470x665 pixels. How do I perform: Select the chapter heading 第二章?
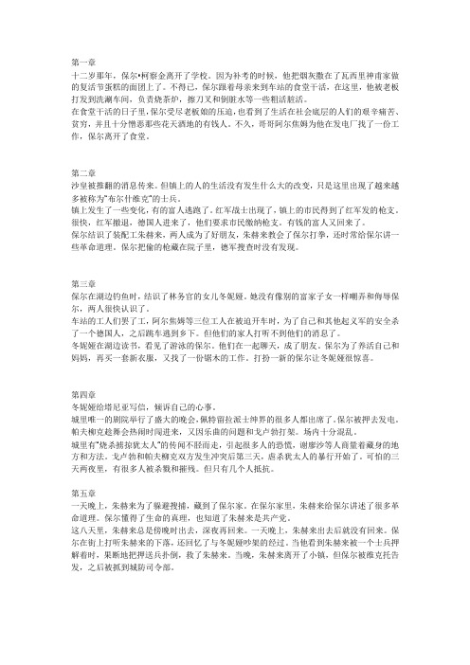pyautogui.click(x=84, y=172)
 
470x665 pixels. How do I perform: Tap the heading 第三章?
pyautogui.click(x=84, y=284)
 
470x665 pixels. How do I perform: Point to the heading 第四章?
pyautogui.click(x=84, y=395)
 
